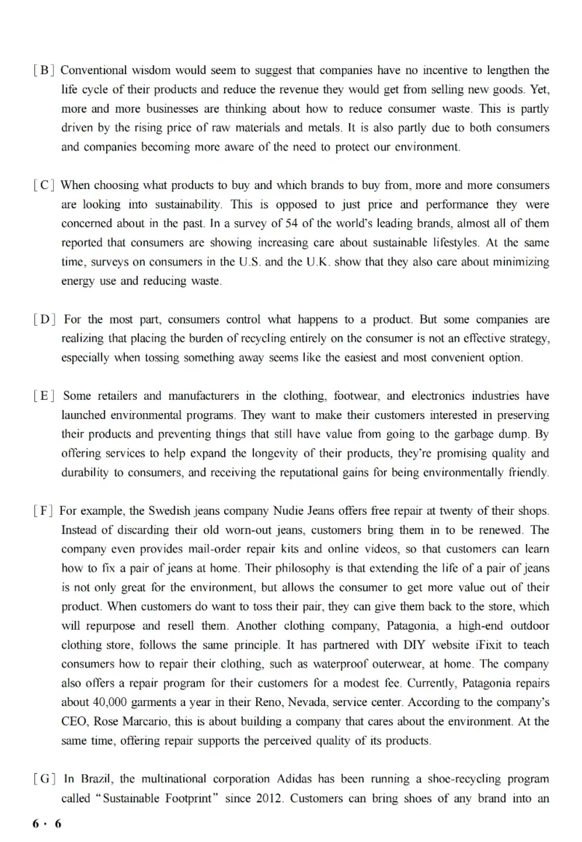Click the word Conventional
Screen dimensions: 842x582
[94, 71]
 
